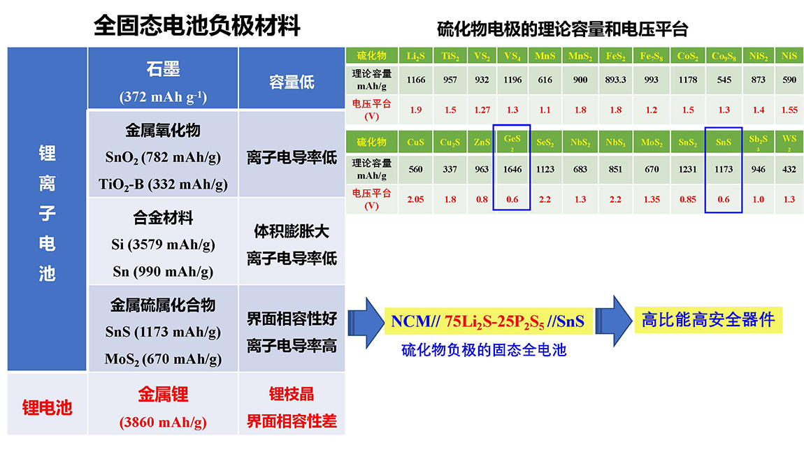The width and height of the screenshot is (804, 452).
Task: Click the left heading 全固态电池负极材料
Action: click(x=197, y=25)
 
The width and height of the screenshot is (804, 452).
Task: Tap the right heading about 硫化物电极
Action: click(x=563, y=29)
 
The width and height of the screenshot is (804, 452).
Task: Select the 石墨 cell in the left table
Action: click(x=163, y=78)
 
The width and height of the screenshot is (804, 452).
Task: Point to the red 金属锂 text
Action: click(x=163, y=394)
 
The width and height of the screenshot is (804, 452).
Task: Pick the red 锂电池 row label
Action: click(x=47, y=408)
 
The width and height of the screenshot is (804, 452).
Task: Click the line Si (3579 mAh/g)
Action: click(x=163, y=245)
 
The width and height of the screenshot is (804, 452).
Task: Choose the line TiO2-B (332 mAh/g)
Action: click(x=163, y=184)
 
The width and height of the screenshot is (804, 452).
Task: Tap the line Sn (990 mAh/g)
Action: click(x=163, y=271)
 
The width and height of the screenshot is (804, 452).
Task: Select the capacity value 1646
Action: click(x=512, y=169)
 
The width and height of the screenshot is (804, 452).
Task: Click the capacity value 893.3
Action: click(x=615, y=80)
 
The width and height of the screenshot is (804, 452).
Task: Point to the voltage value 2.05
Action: click(x=415, y=199)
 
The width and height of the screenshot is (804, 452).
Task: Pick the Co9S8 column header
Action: click(x=724, y=56)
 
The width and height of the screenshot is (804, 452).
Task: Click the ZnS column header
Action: click(x=482, y=142)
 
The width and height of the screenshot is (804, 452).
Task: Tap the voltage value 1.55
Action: click(x=789, y=110)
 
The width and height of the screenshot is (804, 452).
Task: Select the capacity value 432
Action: click(x=789, y=169)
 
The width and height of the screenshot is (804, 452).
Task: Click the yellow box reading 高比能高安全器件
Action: click(x=708, y=320)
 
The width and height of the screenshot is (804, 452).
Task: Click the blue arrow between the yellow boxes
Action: click(x=613, y=321)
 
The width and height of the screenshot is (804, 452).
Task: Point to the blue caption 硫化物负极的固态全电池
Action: click(x=484, y=350)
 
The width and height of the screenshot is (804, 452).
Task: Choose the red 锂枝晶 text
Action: click(x=292, y=394)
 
